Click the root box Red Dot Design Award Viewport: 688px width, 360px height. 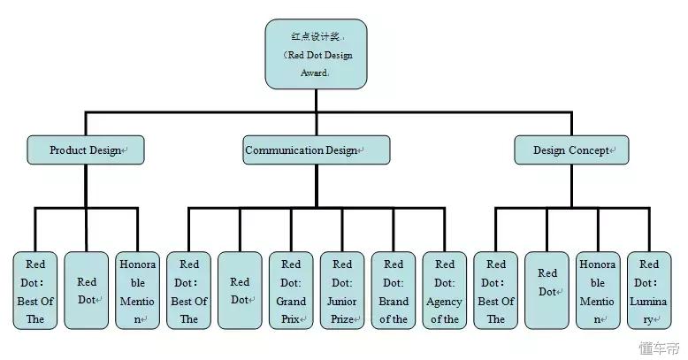pos(316,54)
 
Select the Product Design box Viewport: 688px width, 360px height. pos(86,150)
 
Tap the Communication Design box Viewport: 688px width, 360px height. pos(317,150)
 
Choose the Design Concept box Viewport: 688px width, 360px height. pos(571,150)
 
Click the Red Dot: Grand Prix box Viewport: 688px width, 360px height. pos(291,290)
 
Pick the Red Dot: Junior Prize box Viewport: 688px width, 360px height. pos(342,290)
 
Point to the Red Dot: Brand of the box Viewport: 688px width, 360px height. pos(394,290)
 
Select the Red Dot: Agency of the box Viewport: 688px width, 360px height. pos(445,290)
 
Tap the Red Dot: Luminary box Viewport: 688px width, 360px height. pos(649,290)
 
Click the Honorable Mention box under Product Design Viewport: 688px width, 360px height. pos(137,290)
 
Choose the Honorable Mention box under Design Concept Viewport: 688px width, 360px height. pos(598,290)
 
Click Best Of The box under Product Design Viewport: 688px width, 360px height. pos(35,290)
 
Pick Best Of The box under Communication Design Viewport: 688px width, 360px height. pos(188,290)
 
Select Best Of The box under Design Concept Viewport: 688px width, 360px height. pos(496,290)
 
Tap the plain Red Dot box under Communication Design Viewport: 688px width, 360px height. pos(240,290)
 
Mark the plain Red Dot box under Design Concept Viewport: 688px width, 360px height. pos(547,290)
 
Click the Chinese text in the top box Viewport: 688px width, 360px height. pos(315,36)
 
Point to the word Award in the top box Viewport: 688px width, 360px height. pos(314,73)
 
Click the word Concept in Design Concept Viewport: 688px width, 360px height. pos(589,150)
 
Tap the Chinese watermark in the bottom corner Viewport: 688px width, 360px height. pos(659,349)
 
